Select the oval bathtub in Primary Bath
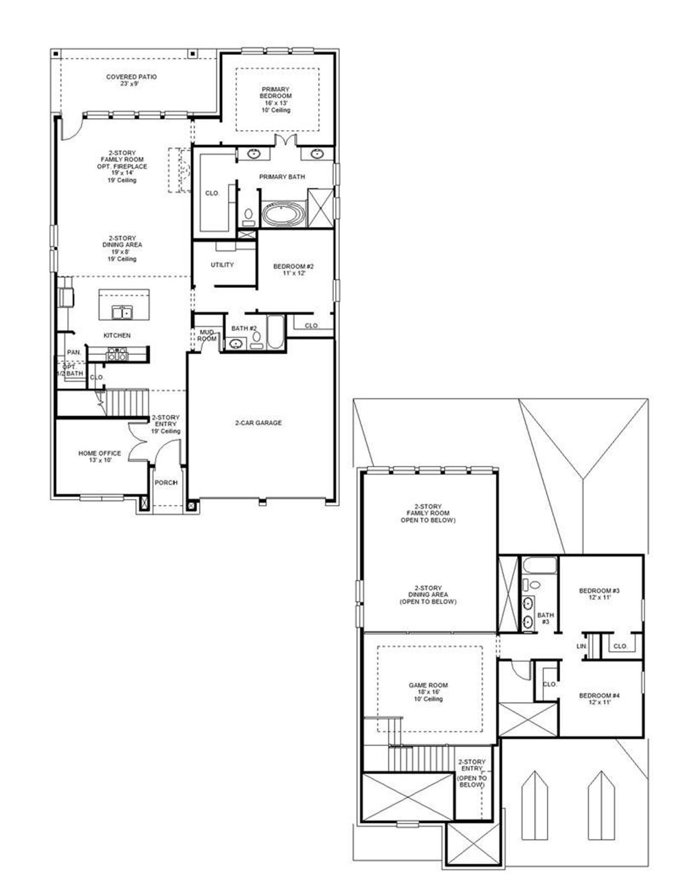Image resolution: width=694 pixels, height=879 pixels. [x=284, y=215]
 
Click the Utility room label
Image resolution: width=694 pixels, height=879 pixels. [x=222, y=265]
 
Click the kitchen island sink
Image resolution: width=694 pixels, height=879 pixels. [x=122, y=313]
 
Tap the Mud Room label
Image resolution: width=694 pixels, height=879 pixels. [x=207, y=335]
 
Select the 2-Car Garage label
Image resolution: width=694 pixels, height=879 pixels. [x=259, y=423]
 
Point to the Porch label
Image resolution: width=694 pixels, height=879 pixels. [x=166, y=483]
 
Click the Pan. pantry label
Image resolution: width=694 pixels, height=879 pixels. [x=74, y=352]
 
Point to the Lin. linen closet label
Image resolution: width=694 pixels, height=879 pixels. [x=581, y=647]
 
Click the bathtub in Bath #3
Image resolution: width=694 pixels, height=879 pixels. [x=539, y=566]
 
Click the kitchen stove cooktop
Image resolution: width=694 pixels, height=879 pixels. [x=118, y=354]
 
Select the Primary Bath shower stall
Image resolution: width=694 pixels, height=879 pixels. [x=320, y=208]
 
